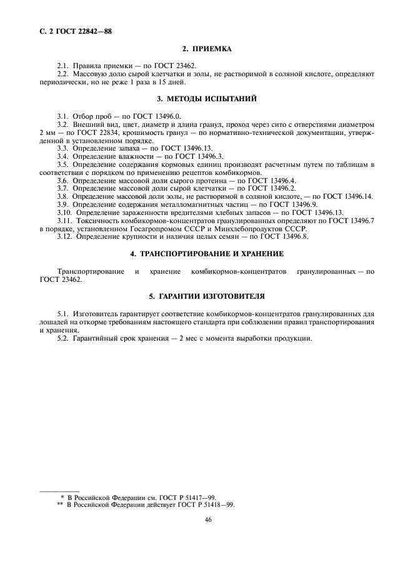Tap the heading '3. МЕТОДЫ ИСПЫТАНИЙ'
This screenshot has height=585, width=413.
pos(206,98)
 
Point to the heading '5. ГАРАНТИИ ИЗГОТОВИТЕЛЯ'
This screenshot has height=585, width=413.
pos(206,295)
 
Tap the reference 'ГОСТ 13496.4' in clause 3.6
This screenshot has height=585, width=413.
pos(262,181)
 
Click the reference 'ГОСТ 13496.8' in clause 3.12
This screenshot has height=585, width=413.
pos(282,237)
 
